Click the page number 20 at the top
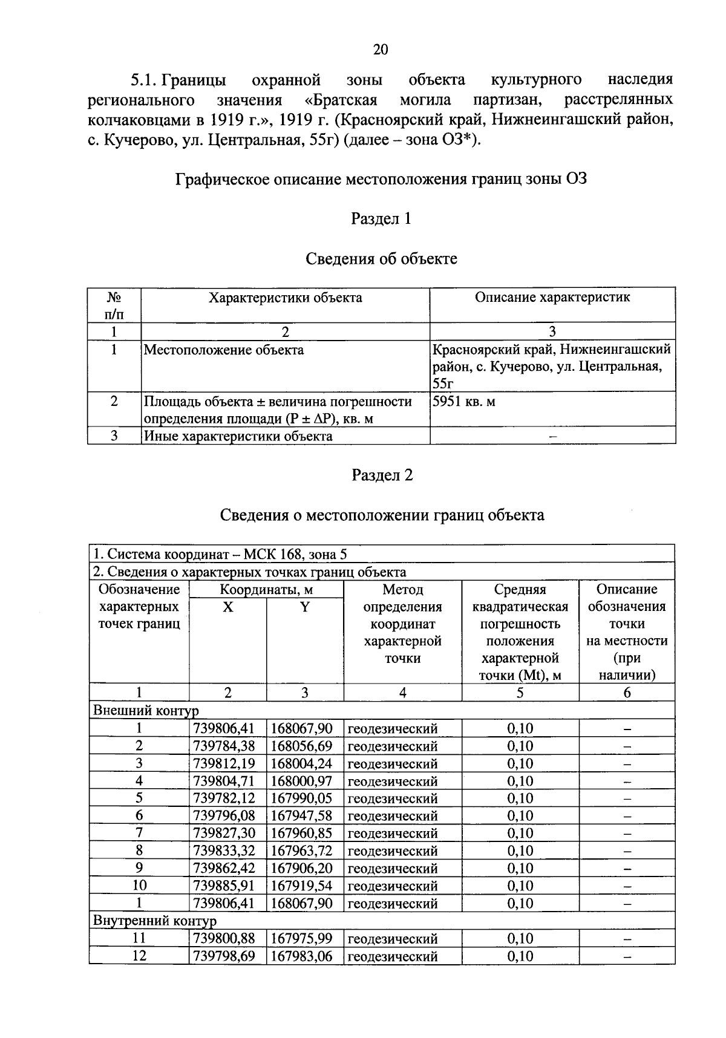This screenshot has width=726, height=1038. [381, 50]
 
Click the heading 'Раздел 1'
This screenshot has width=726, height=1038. [381, 218]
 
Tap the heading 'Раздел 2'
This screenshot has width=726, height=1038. [382, 475]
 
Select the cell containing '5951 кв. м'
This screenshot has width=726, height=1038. [464, 402]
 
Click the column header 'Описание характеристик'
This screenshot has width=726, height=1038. [552, 298]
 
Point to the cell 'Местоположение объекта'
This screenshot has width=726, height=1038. [224, 350]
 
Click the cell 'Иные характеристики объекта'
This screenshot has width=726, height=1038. [238, 436]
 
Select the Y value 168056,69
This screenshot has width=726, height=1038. [302, 746]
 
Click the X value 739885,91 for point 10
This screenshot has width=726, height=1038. [223, 886]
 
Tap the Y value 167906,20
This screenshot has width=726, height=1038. [302, 869]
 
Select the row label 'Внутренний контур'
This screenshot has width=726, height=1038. [154, 921]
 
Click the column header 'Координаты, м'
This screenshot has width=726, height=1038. [266, 590]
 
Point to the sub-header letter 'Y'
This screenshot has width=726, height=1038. [305, 607]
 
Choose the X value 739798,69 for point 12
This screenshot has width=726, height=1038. [223, 956]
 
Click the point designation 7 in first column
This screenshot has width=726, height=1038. [139, 834]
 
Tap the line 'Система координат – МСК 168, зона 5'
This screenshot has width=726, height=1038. [220, 554]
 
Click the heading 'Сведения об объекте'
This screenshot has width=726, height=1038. [381, 259]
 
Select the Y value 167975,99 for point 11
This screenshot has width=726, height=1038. [302, 939]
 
